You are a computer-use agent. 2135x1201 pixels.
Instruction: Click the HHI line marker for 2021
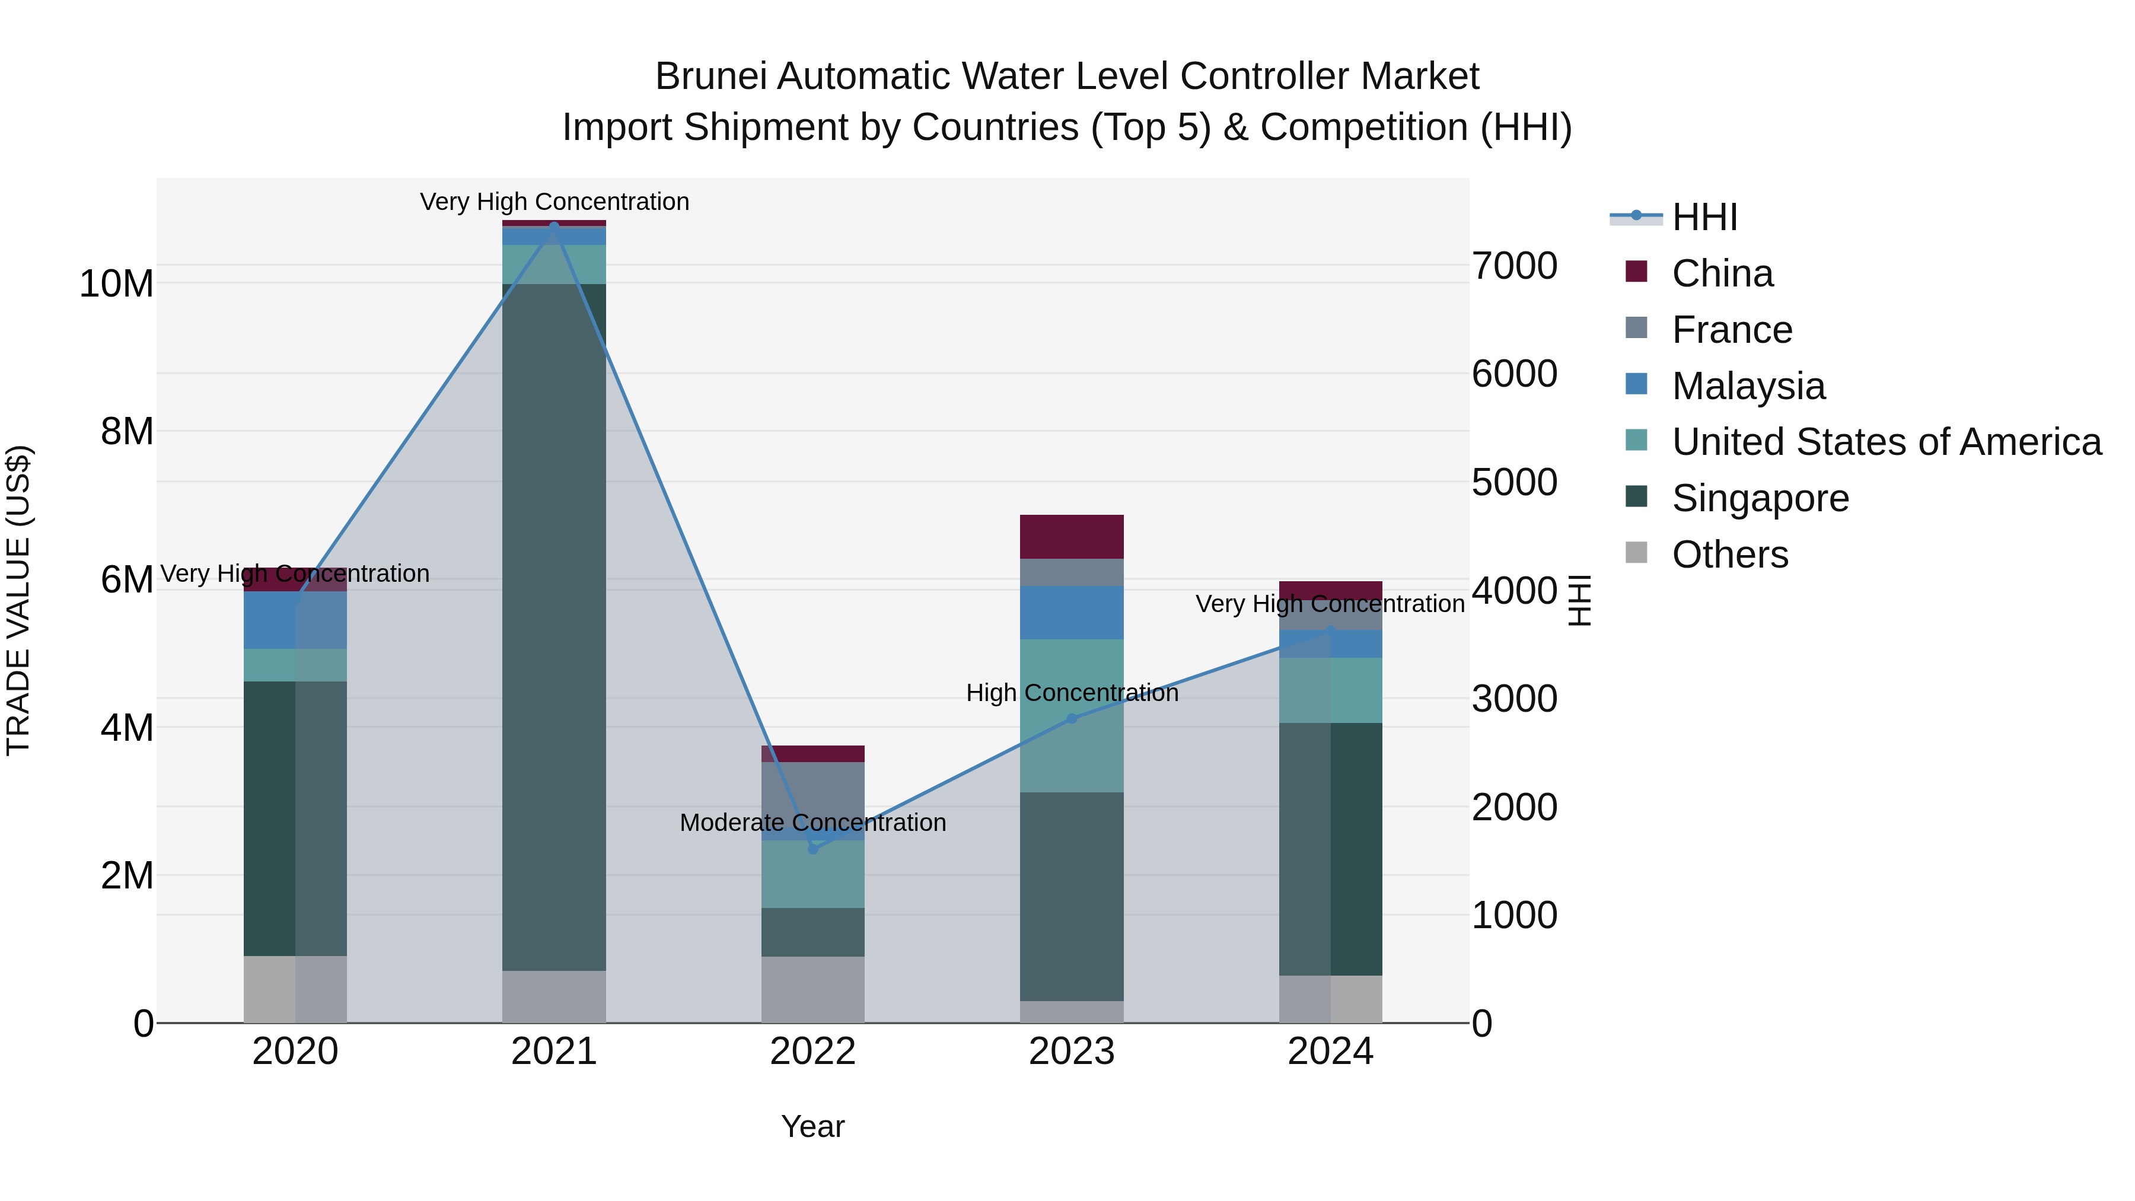(554, 227)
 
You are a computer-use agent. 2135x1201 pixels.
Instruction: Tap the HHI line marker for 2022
(813, 849)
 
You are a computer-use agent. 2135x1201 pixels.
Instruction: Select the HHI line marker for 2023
(1072, 719)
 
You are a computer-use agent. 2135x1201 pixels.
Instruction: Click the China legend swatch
(1636, 272)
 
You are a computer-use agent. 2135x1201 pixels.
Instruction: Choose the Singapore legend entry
(1760, 498)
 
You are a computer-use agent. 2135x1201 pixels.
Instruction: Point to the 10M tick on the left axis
(116, 283)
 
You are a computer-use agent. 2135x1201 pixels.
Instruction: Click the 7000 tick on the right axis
(1514, 266)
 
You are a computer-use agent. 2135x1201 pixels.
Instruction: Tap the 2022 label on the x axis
(812, 1052)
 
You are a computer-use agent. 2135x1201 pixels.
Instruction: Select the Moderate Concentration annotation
(812, 823)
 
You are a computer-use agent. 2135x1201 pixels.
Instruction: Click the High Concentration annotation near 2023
(1072, 693)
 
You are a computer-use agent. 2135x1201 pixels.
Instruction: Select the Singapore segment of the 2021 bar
(554, 627)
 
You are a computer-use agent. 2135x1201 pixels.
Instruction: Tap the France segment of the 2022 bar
(813, 800)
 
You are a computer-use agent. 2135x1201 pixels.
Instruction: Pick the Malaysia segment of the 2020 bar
(295, 620)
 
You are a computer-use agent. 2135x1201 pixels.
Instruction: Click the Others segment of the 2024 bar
(1330, 999)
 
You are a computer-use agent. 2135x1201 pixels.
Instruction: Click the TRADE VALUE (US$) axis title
(19, 600)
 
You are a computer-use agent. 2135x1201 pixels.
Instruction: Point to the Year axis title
(812, 1126)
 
